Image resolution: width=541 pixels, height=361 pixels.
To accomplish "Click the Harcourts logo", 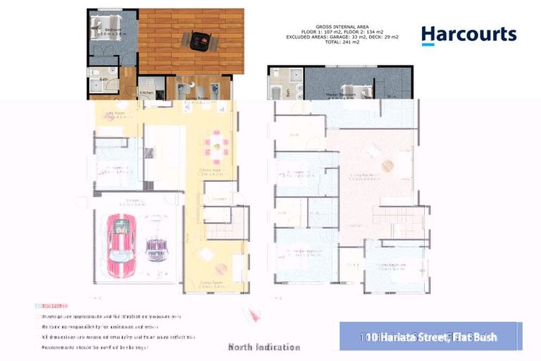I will [468, 35].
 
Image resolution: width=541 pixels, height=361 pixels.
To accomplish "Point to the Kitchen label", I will [147, 92].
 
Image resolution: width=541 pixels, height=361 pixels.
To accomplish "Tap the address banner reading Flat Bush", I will [430, 337].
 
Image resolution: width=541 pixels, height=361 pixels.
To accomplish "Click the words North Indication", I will [264, 347].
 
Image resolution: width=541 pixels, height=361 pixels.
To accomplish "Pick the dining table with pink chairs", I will [216, 147].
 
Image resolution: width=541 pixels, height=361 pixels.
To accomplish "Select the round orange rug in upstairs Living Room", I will [387, 164].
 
